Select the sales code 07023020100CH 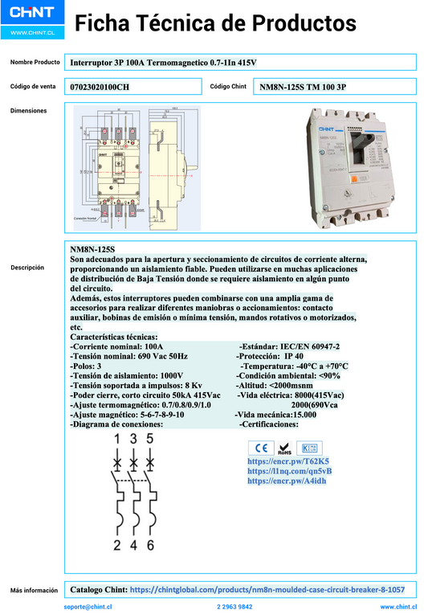pos(100,87)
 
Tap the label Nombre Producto pos(35,62)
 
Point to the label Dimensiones pos(29,111)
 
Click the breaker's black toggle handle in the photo pos(355,150)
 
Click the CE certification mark pos(260,448)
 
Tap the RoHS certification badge pos(284,448)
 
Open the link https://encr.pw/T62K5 pos(288,461)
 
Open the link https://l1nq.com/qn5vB pos(289,471)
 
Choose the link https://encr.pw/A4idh pos(287,481)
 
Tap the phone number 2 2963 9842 pos(234,607)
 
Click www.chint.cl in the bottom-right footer pos(397,607)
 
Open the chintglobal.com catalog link pos(272,589)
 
